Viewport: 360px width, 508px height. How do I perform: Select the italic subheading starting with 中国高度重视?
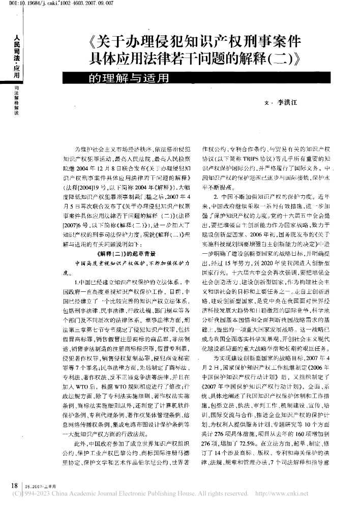[x=132, y=263]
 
